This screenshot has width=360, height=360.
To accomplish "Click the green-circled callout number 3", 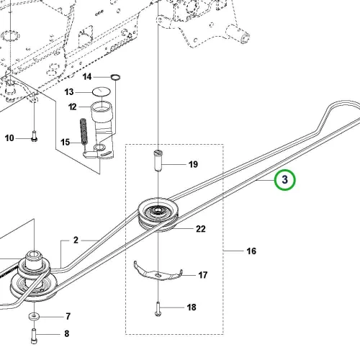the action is pyautogui.click(x=285, y=179).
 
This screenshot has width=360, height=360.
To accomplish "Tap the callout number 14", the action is pyautogui.click(x=87, y=77).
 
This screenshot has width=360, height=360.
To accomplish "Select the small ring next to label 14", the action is pyautogui.click(x=115, y=77).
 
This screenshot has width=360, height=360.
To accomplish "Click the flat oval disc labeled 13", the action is pyautogui.click(x=102, y=91).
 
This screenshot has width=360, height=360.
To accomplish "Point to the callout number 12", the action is pyautogui.click(x=73, y=107).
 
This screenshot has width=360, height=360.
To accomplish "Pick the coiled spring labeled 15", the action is pyautogui.click(x=84, y=132).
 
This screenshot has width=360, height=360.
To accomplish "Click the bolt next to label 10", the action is pyautogui.click(x=34, y=136).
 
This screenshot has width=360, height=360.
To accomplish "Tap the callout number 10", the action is pyautogui.click(x=9, y=138).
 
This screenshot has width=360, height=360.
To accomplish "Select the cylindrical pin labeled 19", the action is pyautogui.click(x=158, y=161).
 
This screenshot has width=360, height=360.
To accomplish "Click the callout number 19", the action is pyautogui.click(x=193, y=164).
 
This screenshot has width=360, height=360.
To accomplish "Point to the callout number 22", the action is pyautogui.click(x=201, y=229).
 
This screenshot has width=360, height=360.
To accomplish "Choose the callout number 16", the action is pyautogui.click(x=251, y=251).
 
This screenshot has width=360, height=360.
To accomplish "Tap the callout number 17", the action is pyautogui.click(x=203, y=275).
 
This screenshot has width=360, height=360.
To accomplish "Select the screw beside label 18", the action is pyautogui.click(x=158, y=309).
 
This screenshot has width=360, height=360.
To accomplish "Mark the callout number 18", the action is pyautogui.click(x=192, y=307).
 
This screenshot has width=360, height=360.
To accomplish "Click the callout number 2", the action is pyautogui.click(x=76, y=240).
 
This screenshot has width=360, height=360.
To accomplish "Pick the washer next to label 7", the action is pyautogui.click(x=35, y=317).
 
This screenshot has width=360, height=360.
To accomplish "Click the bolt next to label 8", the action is pyautogui.click(x=34, y=336).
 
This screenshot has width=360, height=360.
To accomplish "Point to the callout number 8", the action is pyautogui.click(x=67, y=333).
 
